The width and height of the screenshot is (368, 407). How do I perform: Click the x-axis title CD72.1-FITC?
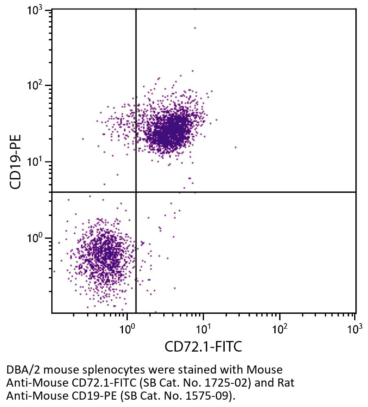pos(203,347)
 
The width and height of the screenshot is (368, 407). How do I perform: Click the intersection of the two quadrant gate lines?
pos(136,192)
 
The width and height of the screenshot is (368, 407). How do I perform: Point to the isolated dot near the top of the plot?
pos(195,28)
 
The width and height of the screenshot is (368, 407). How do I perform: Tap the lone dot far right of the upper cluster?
pos(235,147)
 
